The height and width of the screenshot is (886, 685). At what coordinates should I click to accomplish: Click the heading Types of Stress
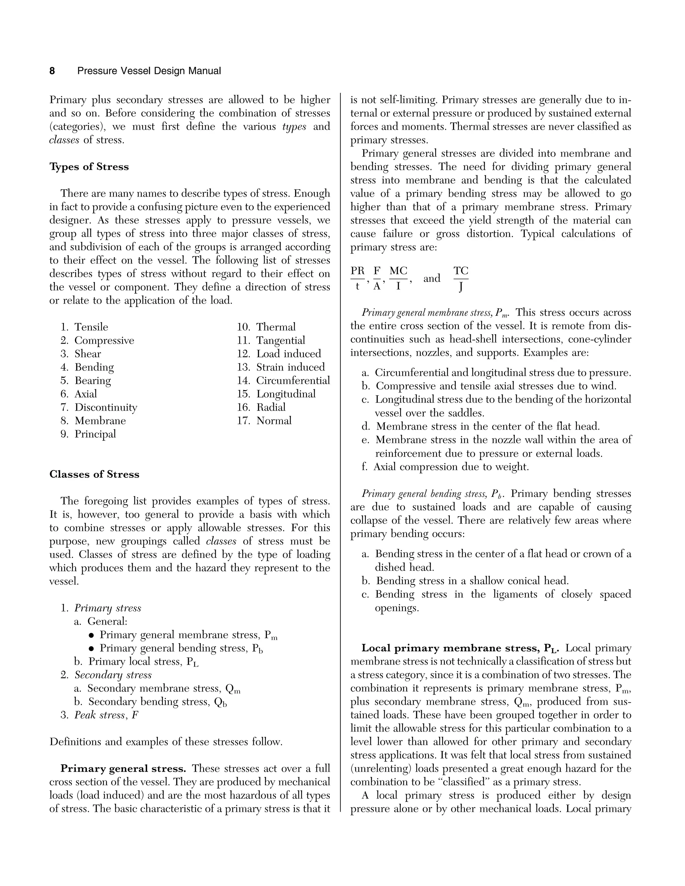tap(89, 167)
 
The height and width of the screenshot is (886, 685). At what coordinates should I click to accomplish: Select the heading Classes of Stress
tap(94, 474)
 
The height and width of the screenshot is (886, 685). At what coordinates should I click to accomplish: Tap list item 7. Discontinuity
tap(99, 407)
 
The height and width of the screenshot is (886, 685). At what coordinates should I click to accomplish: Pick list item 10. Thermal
tap(266, 327)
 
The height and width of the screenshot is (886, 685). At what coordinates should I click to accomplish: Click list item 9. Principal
tap(88, 434)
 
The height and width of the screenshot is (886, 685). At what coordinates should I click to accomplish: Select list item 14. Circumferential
tap(283, 380)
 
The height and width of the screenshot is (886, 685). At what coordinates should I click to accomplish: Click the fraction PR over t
tap(358, 278)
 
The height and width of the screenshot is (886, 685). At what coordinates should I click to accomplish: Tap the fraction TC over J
tap(461, 278)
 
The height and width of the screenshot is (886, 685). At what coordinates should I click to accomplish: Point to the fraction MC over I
tap(398, 278)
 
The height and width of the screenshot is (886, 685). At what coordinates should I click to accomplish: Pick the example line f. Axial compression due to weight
tap(445, 467)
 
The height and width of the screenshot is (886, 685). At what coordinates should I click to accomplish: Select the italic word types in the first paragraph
tap(294, 127)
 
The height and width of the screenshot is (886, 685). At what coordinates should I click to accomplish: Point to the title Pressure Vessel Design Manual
tap(149, 71)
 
